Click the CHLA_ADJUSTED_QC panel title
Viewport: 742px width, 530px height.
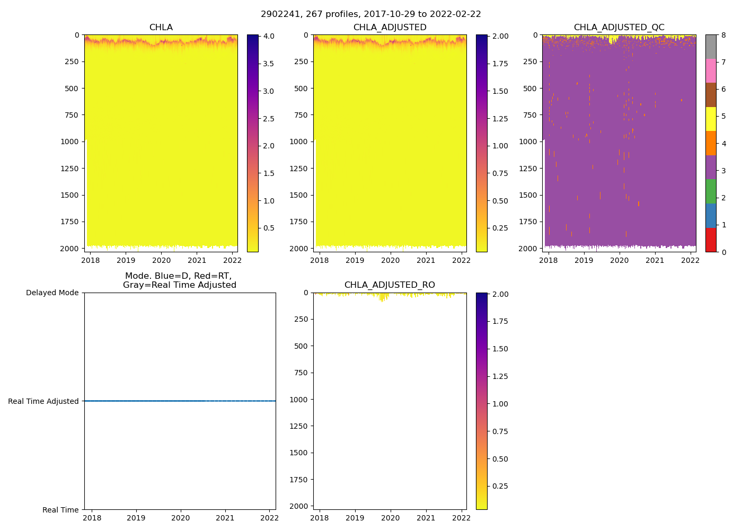click(619, 28)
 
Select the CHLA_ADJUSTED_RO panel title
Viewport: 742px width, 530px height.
click(390, 285)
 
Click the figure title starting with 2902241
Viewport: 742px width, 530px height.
click(371, 14)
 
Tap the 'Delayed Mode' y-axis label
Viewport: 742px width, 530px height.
click(52, 293)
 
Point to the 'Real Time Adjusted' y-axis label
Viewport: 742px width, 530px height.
click(43, 401)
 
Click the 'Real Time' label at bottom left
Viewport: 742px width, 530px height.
click(60, 510)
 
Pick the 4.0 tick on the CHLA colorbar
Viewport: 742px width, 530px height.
click(269, 36)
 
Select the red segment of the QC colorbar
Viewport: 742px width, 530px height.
click(711, 240)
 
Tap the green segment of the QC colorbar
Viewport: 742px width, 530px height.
click(711, 191)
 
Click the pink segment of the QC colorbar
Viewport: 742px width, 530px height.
click(711, 70)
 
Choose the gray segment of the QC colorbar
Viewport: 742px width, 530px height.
click(711, 47)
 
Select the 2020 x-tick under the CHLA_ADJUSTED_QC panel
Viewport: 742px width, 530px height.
click(619, 260)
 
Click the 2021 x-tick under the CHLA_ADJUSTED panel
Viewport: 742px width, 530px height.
click(426, 260)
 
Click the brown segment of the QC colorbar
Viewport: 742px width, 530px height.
click(711, 95)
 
